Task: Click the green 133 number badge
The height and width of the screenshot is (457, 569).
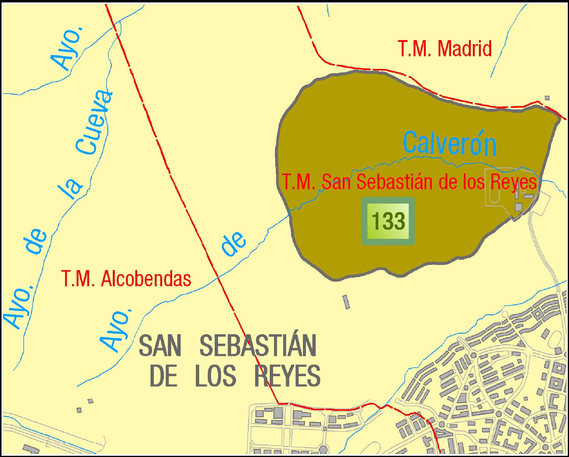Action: point(388,221)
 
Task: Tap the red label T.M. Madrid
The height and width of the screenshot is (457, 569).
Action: point(445,49)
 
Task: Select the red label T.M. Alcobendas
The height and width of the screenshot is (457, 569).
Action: point(126,279)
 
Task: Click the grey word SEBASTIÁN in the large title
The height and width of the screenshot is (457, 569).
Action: point(258,346)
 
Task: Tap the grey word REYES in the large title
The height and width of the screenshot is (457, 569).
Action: point(287,376)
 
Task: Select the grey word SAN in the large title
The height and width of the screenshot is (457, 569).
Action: point(160,346)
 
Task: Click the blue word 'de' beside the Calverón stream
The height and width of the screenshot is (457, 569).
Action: point(233,244)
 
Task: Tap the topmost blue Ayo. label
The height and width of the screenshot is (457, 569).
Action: point(67,49)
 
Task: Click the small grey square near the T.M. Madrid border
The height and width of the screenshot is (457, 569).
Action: point(547,98)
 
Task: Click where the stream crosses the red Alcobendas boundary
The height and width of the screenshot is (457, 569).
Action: point(218,277)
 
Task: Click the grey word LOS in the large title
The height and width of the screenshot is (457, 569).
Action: point(215,376)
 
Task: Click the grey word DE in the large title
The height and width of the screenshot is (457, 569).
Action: point(163,376)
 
